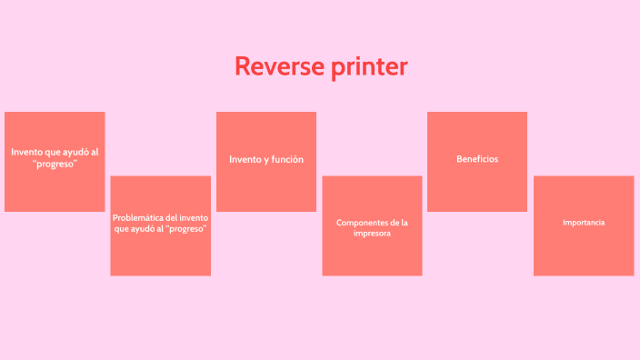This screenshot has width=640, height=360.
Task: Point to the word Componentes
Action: coord(359,223)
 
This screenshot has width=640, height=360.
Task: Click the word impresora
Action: coord(372,234)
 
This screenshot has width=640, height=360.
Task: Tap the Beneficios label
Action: coord(477,159)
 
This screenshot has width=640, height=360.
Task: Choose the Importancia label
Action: coord(584,223)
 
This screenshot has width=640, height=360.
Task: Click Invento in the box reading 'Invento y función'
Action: coord(244,160)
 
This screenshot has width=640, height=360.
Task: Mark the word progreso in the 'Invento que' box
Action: coord(55,164)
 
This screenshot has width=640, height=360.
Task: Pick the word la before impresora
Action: coord(404,223)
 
